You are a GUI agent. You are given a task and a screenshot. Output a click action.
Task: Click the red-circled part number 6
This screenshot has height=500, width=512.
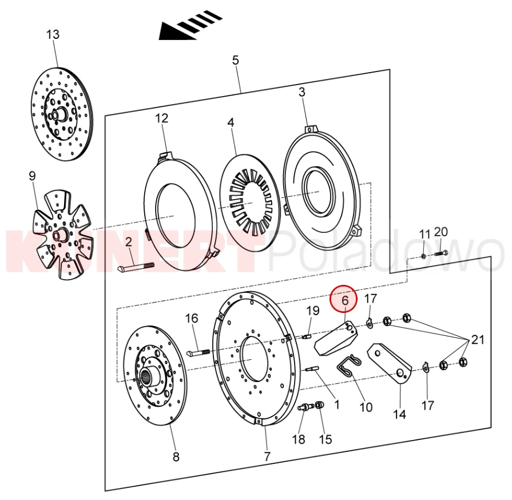pyautogui.click(x=345, y=300)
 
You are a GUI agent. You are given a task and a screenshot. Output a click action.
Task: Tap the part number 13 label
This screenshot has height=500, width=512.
pyautogui.click(x=53, y=35)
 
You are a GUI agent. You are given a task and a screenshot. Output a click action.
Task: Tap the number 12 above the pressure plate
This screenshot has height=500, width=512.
pyautogui.click(x=162, y=118)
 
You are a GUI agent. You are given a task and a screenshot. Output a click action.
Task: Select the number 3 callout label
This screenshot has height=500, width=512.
pyautogui.click(x=301, y=92)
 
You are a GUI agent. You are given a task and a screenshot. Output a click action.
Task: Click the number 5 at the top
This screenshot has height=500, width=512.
pyautogui.click(x=235, y=60)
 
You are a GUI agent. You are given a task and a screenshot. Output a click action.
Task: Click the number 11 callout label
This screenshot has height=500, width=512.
pyautogui.click(x=424, y=234)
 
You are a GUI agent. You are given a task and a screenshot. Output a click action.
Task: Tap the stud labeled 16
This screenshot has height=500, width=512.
pyautogui.click(x=200, y=351)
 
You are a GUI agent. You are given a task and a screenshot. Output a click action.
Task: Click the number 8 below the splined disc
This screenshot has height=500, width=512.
pyautogui.click(x=176, y=457)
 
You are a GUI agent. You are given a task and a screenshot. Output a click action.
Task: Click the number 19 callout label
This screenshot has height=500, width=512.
pyautogui.click(x=312, y=311)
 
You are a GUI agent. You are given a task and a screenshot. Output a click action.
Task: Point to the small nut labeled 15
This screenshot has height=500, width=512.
pyautogui.click(x=319, y=406)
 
